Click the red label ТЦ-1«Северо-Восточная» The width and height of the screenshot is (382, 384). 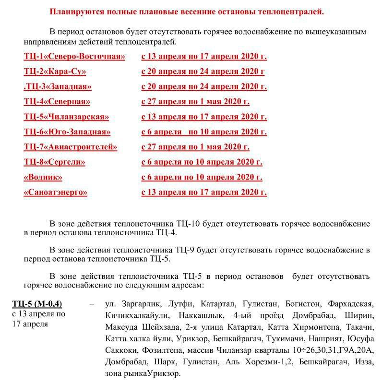[x=74, y=56]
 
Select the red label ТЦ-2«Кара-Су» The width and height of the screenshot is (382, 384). [x=55, y=72]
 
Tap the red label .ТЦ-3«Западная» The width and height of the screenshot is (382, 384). [x=58, y=86]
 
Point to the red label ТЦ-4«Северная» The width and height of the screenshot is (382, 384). [x=57, y=101]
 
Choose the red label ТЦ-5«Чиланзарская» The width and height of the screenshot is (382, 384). [x=66, y=117]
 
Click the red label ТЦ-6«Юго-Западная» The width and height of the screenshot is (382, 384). [x=67, y=132]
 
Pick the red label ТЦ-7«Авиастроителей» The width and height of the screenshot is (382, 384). [x=71, y=147]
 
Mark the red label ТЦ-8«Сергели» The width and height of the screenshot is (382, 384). [x=55, y=162]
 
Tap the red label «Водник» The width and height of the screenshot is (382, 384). [x=43, y=177]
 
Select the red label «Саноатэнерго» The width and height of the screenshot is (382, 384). [x=56, y=192]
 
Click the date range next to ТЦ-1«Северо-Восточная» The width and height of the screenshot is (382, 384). [x=204, y=56]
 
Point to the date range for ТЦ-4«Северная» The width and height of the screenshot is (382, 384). [x=195, y=101]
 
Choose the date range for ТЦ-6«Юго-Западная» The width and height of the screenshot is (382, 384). [x=204, y=132]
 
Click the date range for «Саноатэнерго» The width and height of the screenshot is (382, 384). [x=204, y=192]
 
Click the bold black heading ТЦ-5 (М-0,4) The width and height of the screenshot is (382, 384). [x=37, y=304]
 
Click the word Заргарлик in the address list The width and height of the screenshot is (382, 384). [x=135, y=304]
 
